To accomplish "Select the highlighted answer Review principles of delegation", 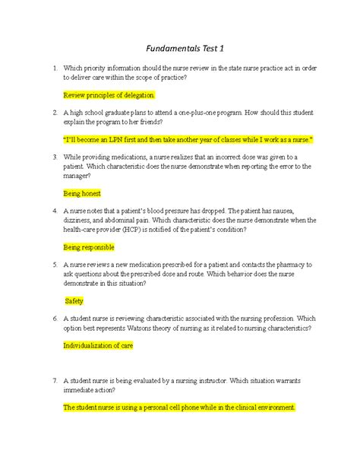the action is coord(109,95).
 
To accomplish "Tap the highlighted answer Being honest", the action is coord(82,193).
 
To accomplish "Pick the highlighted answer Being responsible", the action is coord(89,247).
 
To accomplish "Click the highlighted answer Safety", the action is coord(74,301).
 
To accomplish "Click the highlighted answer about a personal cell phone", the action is coord(179,407).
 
